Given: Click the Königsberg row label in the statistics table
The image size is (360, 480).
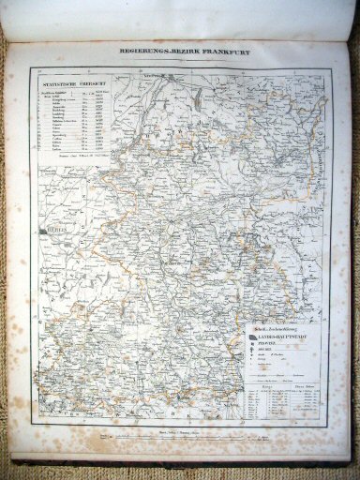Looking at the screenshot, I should [56, 110].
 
